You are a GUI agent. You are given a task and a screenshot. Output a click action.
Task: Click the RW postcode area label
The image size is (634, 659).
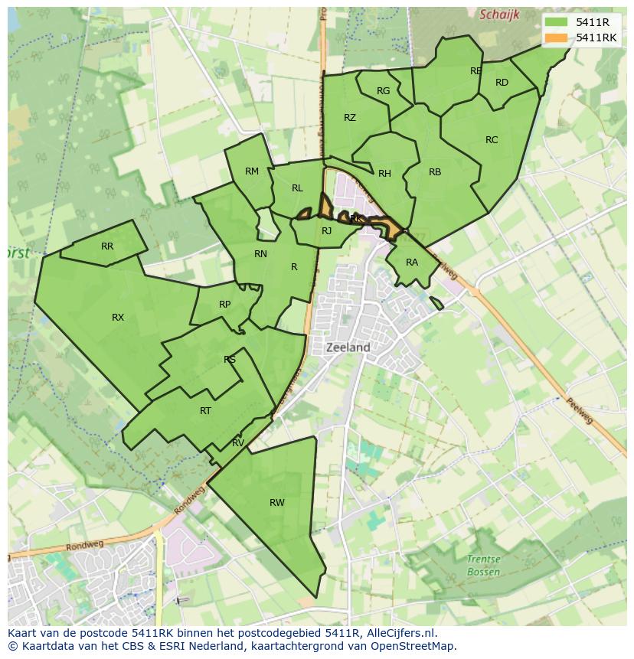[x=277, y=503]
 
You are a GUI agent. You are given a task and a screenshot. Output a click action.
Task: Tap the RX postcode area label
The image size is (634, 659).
[x=118, y=318]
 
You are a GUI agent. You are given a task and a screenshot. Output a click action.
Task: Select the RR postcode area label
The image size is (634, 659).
[x=107, y=246]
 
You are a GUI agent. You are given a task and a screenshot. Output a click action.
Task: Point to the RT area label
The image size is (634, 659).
[x=205, y=411]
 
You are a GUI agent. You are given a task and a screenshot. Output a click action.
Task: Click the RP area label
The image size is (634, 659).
[x=224, y=305]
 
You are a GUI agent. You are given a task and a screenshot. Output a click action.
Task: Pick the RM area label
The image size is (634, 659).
[x=252, y=171]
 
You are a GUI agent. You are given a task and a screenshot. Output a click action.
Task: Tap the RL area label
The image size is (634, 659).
[x=297, y=188]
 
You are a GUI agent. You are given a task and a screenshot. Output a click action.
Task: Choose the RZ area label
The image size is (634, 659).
[x=350, y=118]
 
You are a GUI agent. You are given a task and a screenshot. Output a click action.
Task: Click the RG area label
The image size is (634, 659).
[x=384, y=91]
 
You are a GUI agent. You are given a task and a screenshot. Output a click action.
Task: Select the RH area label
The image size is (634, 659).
[x=384, y=174]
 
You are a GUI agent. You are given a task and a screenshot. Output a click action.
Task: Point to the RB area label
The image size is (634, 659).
[x=435, y=172]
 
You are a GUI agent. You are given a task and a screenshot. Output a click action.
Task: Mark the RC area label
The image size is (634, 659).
[x=492, y=140]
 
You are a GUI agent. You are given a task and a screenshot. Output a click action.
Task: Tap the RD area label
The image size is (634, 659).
[x=502, y=83]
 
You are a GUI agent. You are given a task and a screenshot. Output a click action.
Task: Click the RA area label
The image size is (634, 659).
[x=412, y=263]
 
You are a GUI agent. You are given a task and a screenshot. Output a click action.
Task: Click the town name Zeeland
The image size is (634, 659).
[x=348, y=347]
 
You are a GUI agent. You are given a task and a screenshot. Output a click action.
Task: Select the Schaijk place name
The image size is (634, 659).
[x=499, y=15]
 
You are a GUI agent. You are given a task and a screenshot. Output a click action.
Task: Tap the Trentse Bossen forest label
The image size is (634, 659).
[x=483, y=566]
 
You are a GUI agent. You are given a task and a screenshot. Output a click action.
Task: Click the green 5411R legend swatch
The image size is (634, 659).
[x=557, y=22]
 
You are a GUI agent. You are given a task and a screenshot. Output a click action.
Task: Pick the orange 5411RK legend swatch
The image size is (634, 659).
[x=557, y=38]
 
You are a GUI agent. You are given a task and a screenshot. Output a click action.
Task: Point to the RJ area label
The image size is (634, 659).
[x=327, y=231]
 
